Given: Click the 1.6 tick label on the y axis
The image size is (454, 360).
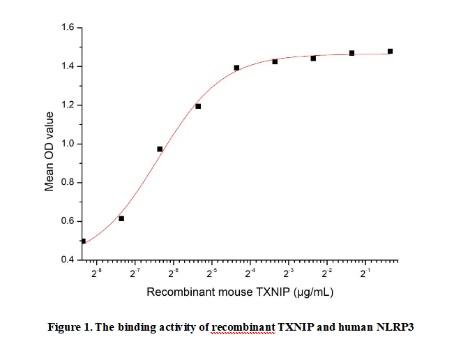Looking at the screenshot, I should [x=68, y=28].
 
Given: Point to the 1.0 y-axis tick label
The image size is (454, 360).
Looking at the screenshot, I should [x=68, y=144].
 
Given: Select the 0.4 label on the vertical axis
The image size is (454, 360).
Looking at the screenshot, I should [x=68, y=260].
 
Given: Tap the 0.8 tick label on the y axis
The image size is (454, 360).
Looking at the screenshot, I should [x=68, y=183].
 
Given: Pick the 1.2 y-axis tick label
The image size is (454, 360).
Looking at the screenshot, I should [x=68, y=105].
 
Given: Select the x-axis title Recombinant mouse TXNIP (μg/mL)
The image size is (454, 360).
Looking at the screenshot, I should [x=240, y=292].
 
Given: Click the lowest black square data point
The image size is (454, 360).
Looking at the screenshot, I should [x=84, y=241].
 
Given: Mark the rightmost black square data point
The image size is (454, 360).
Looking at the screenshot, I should [x=390, y=51].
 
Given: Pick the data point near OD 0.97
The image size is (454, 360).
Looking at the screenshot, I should [x=160, y=149].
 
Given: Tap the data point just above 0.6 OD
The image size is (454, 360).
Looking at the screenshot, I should [x=121, y=218].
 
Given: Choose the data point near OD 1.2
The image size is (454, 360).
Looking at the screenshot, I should [x=198, y=106].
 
